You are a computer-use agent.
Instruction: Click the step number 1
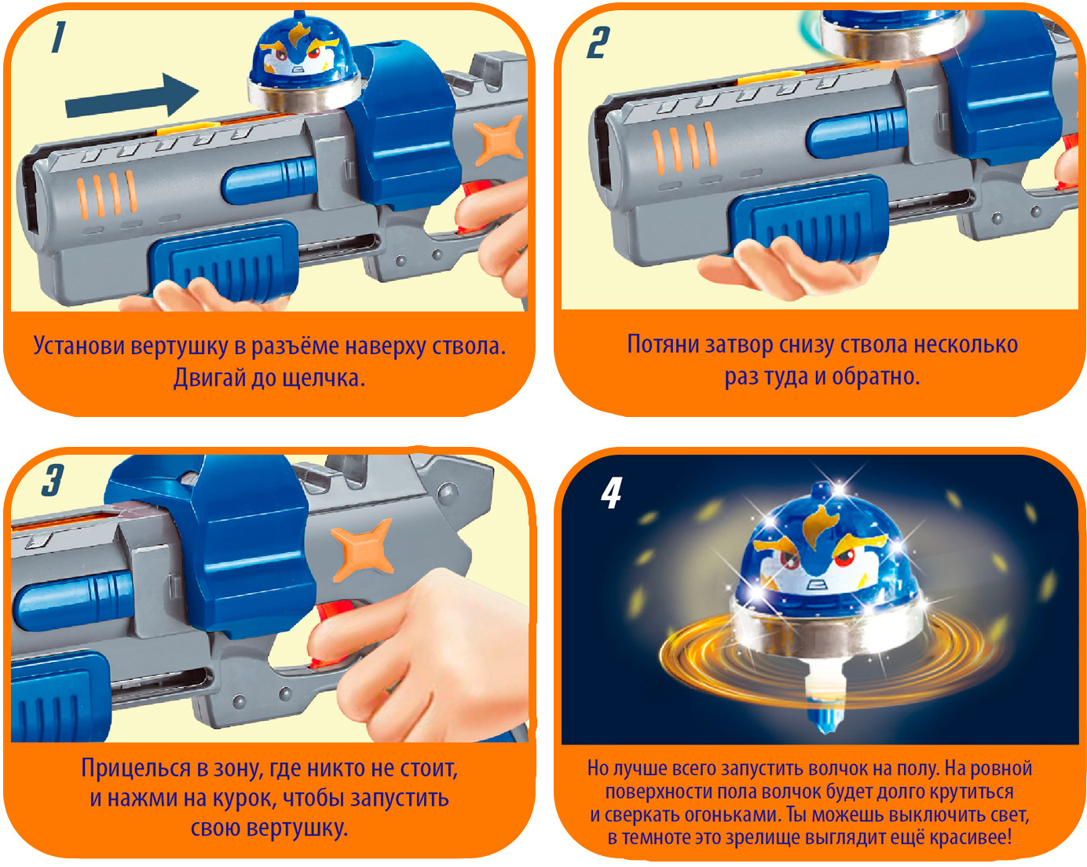coord(59,37)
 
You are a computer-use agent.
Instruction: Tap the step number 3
coord(52,480)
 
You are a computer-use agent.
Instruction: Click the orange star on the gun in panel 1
coord(498,140)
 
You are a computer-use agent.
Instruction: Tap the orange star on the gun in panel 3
coord(362,549)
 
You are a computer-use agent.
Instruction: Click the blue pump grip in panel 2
coord(808,218)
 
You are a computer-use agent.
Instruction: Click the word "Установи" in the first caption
coord(79,346)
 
